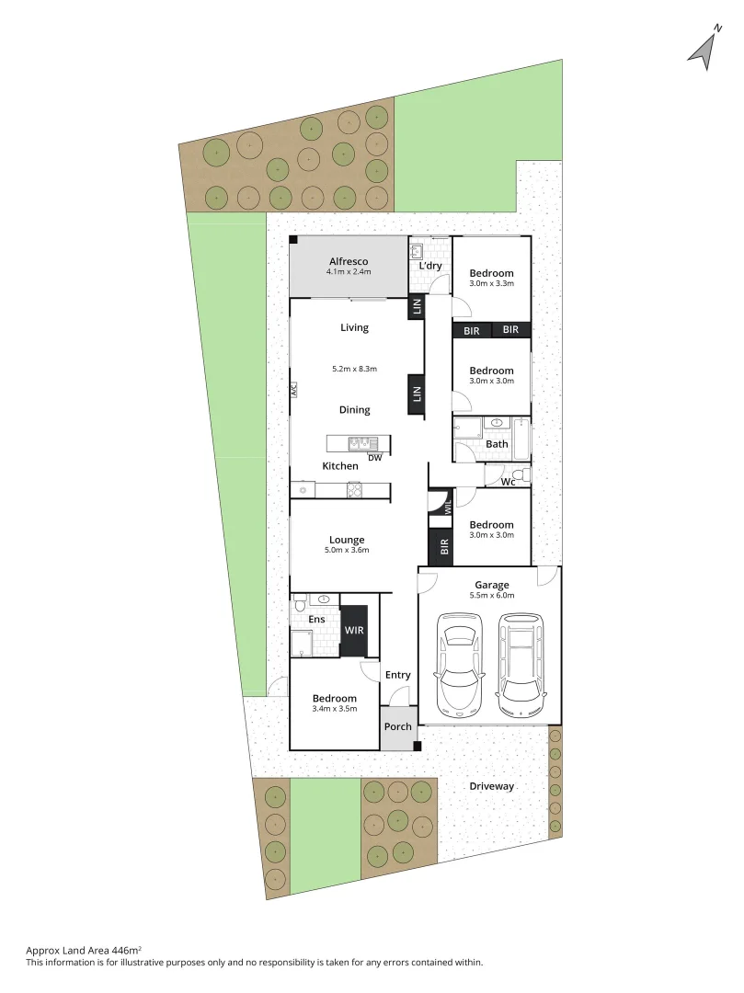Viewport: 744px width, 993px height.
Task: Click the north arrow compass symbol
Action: point(704,49)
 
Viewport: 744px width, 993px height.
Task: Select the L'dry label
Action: point(430,267)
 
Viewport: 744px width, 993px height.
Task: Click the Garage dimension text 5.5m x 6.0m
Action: point(492,595)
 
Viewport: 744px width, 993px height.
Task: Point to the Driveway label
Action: point(492,786)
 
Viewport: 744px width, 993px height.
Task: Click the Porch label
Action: point(398,726)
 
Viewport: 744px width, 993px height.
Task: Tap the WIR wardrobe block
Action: point(354,631)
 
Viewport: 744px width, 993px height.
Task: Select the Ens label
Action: point(316,619)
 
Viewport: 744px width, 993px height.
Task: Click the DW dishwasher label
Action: point(374,457)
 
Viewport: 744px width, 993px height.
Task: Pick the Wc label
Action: point(508,482)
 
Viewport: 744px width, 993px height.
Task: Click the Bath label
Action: point(497,444)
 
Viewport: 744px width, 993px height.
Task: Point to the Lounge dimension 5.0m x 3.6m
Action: point(347,550)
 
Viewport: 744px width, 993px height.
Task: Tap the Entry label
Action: point(398,675)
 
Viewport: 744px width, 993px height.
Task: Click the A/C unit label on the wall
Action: point(292,388)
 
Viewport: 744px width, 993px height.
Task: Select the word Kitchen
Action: point(340,466)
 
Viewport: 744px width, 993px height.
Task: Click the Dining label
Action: point(354,410)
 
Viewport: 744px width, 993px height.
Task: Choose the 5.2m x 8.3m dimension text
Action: point(355,369)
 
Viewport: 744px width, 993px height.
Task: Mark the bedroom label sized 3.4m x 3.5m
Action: point(334,699)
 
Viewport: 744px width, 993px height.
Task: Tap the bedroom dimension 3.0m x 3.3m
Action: point(491,283)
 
